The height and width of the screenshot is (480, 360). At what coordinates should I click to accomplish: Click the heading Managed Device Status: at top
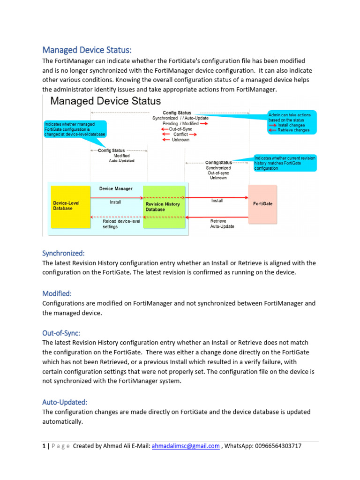tap(87, 50)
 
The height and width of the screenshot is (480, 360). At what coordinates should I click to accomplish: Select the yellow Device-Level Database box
tap(70, 205)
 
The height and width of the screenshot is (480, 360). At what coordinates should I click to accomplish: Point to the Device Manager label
tap(115, 188)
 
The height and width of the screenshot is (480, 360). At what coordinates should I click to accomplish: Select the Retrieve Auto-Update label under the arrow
tap(222, 223)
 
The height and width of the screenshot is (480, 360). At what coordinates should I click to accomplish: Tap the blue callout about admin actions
tap(292, 122)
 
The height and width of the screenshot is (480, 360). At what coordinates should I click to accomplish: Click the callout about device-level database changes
tap(74, 128)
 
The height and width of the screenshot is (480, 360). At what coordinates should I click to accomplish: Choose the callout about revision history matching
tap(285, 163)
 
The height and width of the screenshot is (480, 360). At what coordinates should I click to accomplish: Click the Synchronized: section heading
tap(63, 253)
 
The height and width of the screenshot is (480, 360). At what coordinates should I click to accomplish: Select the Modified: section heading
tap(57, 293)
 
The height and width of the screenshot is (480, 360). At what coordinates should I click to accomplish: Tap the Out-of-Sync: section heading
tap(61, 333)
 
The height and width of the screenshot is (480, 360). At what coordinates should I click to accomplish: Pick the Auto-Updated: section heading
tap(65, 402)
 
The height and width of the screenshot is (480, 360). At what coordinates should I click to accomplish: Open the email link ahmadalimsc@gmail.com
tap(186, 446)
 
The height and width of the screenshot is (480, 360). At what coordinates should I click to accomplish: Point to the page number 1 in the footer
tap(44, 446)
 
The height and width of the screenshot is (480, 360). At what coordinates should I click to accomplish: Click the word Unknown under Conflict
tap(180, 140)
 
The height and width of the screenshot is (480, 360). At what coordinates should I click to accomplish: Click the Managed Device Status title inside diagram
tap(105, 101)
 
